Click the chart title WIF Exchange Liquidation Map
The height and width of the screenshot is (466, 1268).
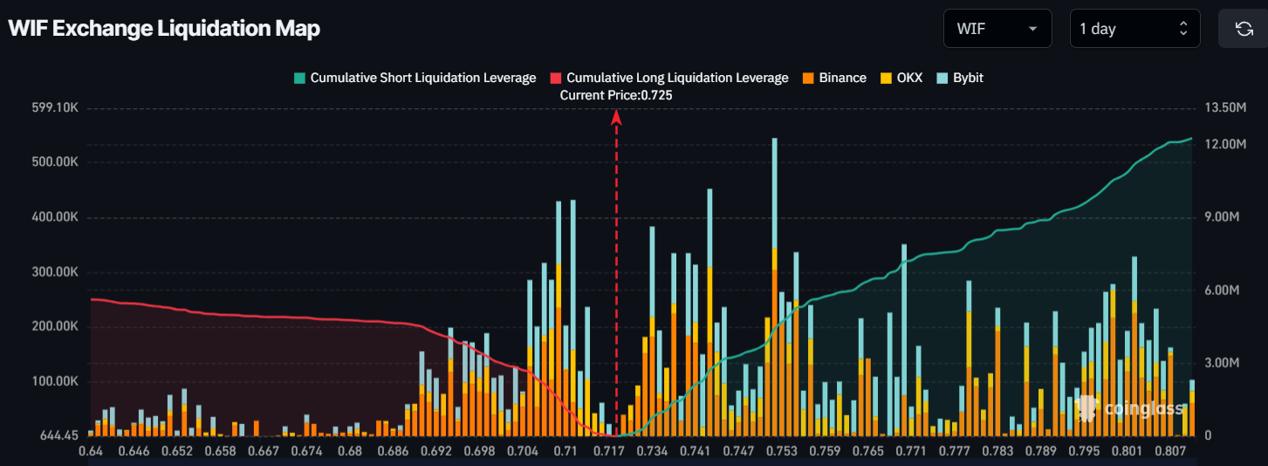point(164,28)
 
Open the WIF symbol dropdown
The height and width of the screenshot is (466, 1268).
point(997,29)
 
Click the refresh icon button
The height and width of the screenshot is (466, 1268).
point(1244,29)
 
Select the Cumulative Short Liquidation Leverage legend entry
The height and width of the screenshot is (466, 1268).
point(415,78)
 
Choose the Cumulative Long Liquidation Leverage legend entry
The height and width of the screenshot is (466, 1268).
point(669,78)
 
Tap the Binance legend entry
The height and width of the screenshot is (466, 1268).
point(834,78)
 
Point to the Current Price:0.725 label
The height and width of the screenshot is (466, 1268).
point(616,94)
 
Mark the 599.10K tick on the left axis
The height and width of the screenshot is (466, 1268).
point(55,108)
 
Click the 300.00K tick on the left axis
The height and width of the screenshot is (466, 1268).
point(55,272)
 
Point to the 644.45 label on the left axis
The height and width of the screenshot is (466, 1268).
point(59,435)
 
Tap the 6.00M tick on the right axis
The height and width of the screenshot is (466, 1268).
point(1222,291)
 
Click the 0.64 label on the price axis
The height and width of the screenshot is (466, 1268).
point(91,451)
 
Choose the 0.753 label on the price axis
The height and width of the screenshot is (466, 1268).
point(782,451)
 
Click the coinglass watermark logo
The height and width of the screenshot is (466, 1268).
point(1132,408)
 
